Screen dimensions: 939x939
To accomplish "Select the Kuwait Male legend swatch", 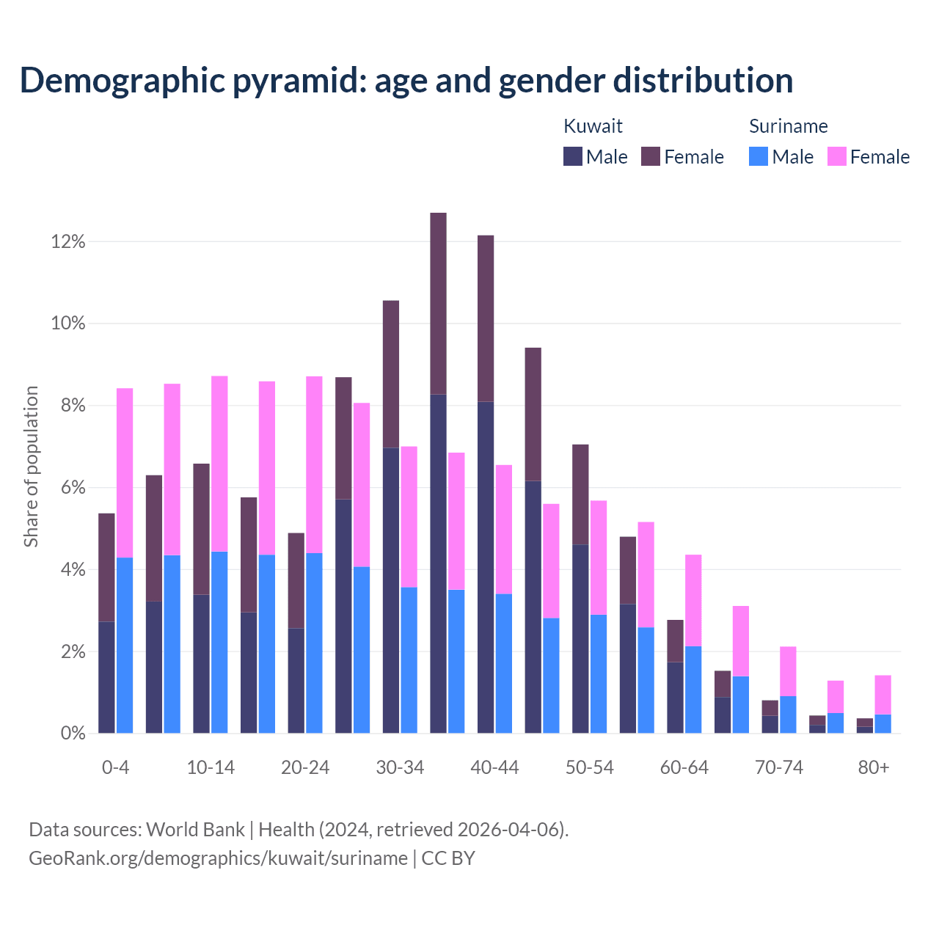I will [x=573, y=156].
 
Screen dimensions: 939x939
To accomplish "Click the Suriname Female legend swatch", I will [x=837, y=156].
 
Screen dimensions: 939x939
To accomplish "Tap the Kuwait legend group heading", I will [x=593, y=126].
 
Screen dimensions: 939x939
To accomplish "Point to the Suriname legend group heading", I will [x=788, y=126].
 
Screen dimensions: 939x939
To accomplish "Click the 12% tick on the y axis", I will [x=68, y=241].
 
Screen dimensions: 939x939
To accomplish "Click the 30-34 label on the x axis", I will [x=400, y=767].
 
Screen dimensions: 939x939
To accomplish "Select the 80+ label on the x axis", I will [x=874, y=767].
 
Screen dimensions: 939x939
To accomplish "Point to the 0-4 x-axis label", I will [x=116, y=767].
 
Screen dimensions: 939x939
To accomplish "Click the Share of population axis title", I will [x=31, y=467].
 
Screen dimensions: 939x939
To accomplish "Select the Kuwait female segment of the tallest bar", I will [x=438, y=303].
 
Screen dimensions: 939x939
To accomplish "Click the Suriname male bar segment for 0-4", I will [x=125, y=646].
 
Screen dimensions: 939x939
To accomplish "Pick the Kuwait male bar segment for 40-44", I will [x=486, y=567].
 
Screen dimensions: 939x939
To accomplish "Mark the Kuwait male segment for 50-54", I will [x=580, y=638].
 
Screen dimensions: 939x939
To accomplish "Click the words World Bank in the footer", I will [x=195, y=830].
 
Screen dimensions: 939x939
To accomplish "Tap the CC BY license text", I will [x=448, y=858].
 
